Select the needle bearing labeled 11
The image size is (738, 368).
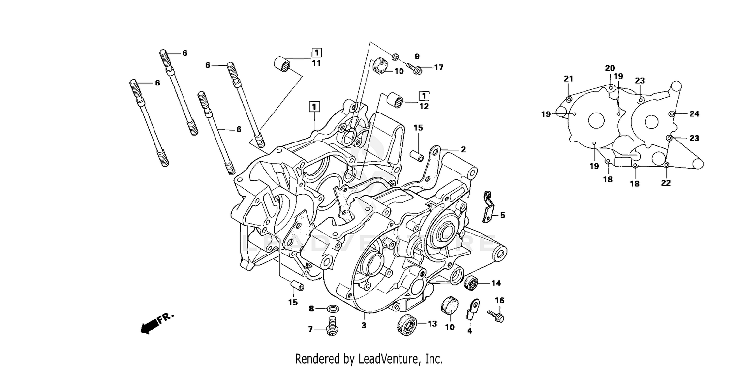pyautogui.click(x=282, y=64)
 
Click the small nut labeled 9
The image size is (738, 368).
pyautogui.click(x=396, y=57)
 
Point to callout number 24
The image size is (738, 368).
pyautogui.click(x=694, y=114)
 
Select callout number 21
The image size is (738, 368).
pyautogui.click(x=569, y=79)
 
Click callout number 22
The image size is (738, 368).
pyautogui.click(x=666, y=183)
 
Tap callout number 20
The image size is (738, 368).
pyautogui.click(x=610, y=68)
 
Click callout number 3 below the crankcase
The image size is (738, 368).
pyautogui.click(x=364, y=325)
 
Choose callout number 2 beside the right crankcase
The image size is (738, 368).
pyautogui.click(x=463, y=149)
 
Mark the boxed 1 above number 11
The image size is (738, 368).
pyautogui.click(x=316, y=52)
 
